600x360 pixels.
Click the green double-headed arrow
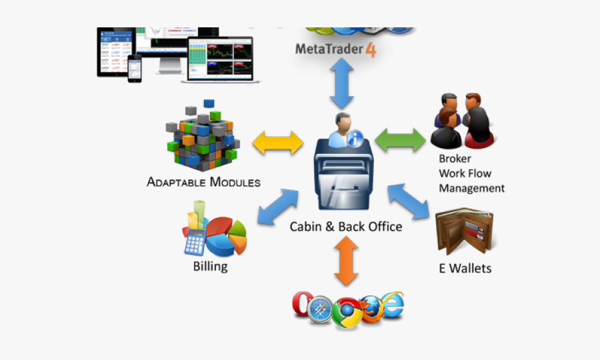click(400, 140)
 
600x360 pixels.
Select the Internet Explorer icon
click(391, 304)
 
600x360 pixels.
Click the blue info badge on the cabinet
click(356, 139)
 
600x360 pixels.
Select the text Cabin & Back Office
click(346, 227)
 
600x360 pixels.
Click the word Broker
click(455, 159)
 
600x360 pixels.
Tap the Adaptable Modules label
click(203, 182)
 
